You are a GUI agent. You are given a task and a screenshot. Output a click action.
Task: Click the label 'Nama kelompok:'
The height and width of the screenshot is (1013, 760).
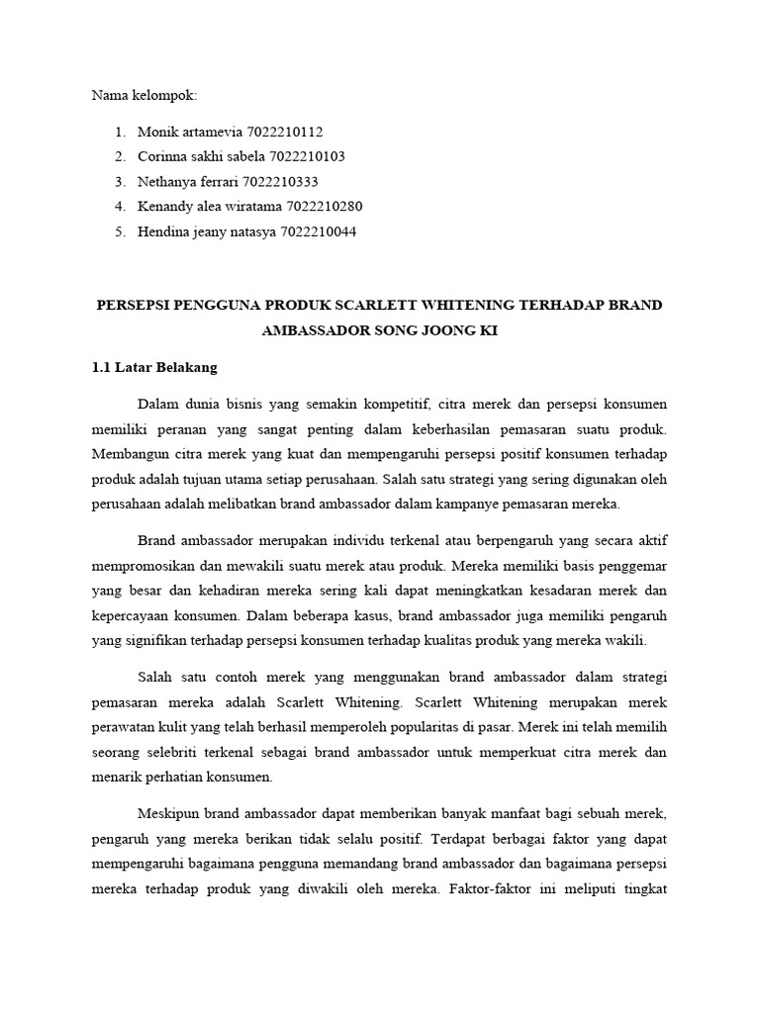(x=144, y=96)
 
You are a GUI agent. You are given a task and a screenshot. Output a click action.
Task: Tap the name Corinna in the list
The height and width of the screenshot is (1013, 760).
(x=164, y=156)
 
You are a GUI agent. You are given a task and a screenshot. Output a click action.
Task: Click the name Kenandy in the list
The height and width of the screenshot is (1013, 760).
(x=167, y=207)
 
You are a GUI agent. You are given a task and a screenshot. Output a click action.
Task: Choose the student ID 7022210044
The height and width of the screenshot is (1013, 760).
(x=318, y=231)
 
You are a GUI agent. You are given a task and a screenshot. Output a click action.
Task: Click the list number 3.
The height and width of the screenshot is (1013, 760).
(x=120, y=182)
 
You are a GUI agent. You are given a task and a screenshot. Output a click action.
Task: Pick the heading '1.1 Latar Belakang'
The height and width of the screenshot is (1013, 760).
(x=153, y=367)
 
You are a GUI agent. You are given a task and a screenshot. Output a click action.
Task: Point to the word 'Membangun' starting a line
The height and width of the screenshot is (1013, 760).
(x=129, y=454)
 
